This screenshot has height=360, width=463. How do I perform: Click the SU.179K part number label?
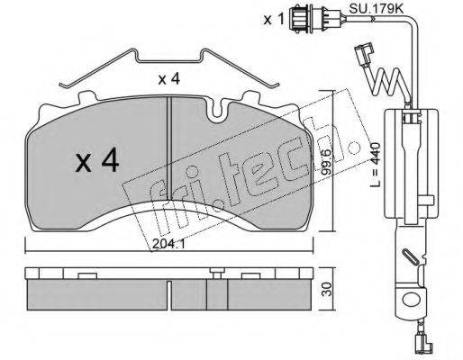click(x=376, y=9)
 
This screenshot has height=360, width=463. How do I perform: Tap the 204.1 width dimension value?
click(x=168, y=244)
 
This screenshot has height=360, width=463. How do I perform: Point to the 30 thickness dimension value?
click(x=328, y=289)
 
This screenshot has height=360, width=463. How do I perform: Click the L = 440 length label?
click(x=376, y=165)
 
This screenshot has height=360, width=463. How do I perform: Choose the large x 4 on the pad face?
click(x=97, y=162)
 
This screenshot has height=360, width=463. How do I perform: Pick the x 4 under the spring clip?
click(x=169, y=79)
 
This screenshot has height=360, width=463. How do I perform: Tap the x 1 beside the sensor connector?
click(x=274, y=20)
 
